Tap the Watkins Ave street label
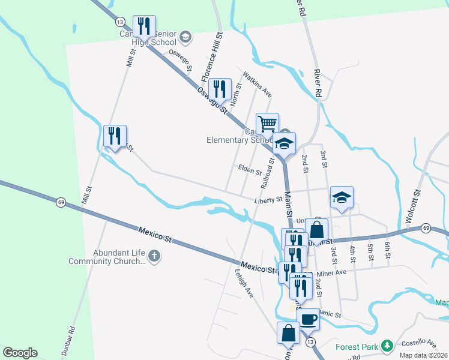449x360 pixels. [258, 85]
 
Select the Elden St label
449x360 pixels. [250, 171]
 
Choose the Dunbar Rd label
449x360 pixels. [70, 338]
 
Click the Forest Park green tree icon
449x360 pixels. [388, 345]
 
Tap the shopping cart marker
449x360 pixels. [267, 124]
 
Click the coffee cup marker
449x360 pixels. [308, 319]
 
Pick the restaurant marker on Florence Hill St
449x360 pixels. [220, 89]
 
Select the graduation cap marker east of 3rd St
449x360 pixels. [342, 197]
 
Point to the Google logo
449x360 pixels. [20, 353]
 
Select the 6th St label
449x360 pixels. [388, 251]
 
